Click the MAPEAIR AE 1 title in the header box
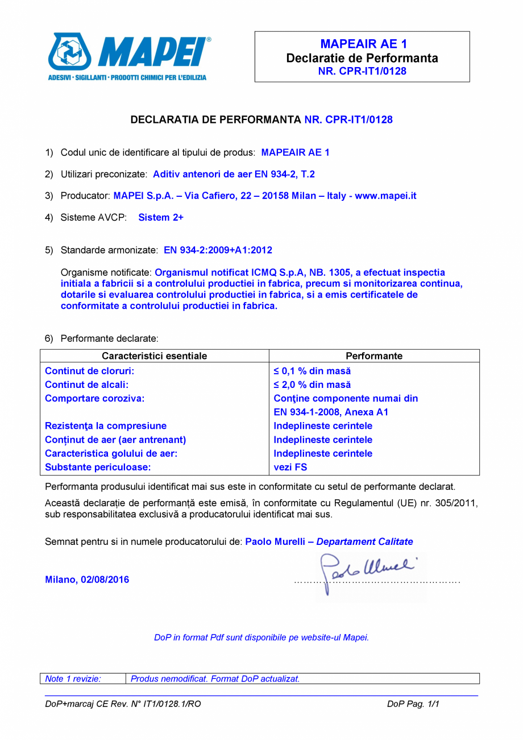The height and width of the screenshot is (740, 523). tap(363, 44)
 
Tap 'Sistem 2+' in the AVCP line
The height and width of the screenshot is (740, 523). tap(161, 217)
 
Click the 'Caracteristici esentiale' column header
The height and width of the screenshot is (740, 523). tap(154, 356)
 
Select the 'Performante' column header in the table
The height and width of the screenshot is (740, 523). tap(373, 356)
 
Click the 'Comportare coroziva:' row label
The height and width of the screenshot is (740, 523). tap(94, 398)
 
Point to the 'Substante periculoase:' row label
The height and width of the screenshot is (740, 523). tap(98, 468)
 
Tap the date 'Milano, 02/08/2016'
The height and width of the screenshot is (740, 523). tap(87, 580)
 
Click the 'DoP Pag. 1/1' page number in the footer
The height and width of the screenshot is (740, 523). tap(413, 704)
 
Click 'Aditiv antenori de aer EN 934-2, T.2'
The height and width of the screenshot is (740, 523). tap(234, 174)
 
